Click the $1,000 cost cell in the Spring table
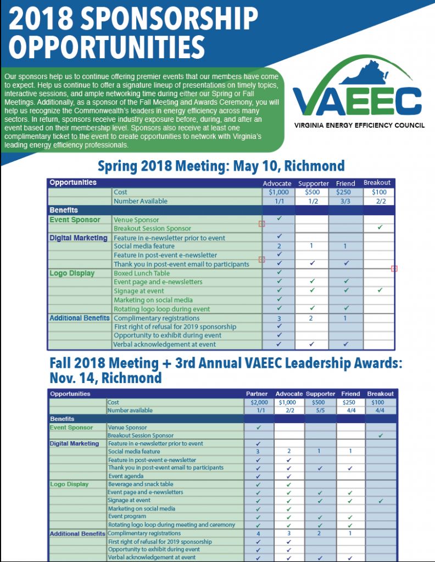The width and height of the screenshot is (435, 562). (278, 192)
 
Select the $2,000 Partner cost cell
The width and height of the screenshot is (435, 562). (258, 402)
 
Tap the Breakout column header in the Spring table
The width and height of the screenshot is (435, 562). (378, 183)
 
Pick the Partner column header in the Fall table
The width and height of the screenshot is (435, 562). (258, 394)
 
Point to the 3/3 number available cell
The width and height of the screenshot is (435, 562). (345, 201)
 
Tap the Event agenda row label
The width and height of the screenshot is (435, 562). (124, 476)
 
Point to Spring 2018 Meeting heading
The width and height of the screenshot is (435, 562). (221, 165)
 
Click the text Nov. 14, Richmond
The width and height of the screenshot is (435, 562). (105, 378)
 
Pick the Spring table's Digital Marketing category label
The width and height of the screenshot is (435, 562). (79, 238)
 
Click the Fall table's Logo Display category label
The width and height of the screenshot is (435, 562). (69, 484)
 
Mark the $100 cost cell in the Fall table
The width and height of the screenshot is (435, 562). (380, 402)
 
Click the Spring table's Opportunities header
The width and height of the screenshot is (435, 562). (73, 182)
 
